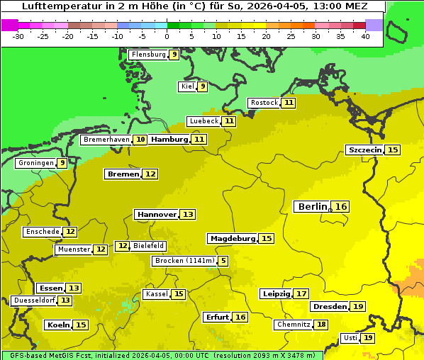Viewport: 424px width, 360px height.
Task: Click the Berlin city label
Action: (x=312, y=206)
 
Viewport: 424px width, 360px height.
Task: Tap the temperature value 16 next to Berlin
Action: (x=341, y=206)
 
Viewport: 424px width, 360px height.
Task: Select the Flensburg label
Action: (x=148, y=54)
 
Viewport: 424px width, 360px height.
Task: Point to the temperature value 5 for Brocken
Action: (x=223, y=261)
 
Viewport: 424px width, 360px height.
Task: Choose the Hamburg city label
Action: (x=169, y=140)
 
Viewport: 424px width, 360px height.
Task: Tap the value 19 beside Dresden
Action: (x=358, y=306)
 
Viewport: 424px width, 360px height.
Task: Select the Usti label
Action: (x=350, y=337)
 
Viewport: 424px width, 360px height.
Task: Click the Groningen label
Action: (x=36, y=163)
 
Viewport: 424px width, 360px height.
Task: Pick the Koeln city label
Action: (x=58, y=325)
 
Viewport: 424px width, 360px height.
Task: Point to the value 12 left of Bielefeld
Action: (x=123, y=246)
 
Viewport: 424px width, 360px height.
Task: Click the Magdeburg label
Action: (x=232, y=238)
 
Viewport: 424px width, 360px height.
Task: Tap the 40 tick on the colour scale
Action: (x=365, y=35)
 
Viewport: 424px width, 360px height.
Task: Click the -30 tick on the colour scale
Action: (x=18, y=35)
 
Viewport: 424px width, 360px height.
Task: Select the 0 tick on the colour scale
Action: (x=167, y=35)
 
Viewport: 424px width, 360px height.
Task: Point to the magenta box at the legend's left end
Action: (x=9, y=25)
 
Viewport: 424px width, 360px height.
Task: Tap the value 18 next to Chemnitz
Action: (x=321, y=325)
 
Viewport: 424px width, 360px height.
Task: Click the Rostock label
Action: (x=264, y=103)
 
